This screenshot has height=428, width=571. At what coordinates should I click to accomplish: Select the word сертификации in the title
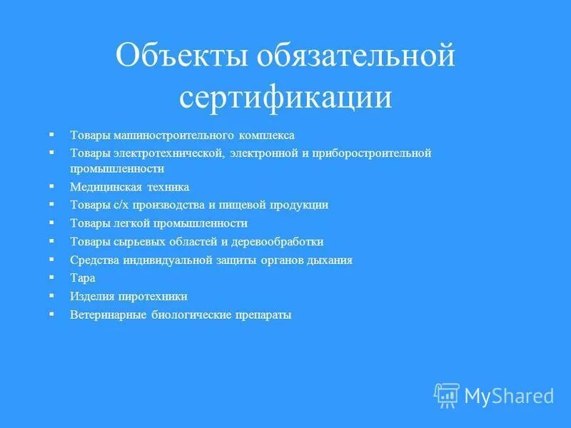pyautogui.click(x=285, y=98)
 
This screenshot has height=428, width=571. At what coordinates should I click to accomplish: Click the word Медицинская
pyautogui.click(x=99, y=187)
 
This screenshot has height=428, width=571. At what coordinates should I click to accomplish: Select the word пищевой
pyautogui.click(x=244, y=204)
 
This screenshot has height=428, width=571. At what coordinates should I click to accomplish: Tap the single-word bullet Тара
pyautogui.click(x=82, y=277)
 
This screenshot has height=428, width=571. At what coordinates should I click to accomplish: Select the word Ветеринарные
pyautogui.click(x=108, y=314)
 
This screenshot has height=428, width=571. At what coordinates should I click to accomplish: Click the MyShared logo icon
pyautogui.click(x=447, y=394)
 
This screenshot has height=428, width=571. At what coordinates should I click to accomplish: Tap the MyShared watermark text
pyautogui.click(x=509, y=395)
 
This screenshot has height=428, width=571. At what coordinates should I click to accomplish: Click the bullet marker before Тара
pyautogui.click(x=51, y=276)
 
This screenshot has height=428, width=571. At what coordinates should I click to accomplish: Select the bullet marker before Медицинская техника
pyautogui.click(x=51, y=185)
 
